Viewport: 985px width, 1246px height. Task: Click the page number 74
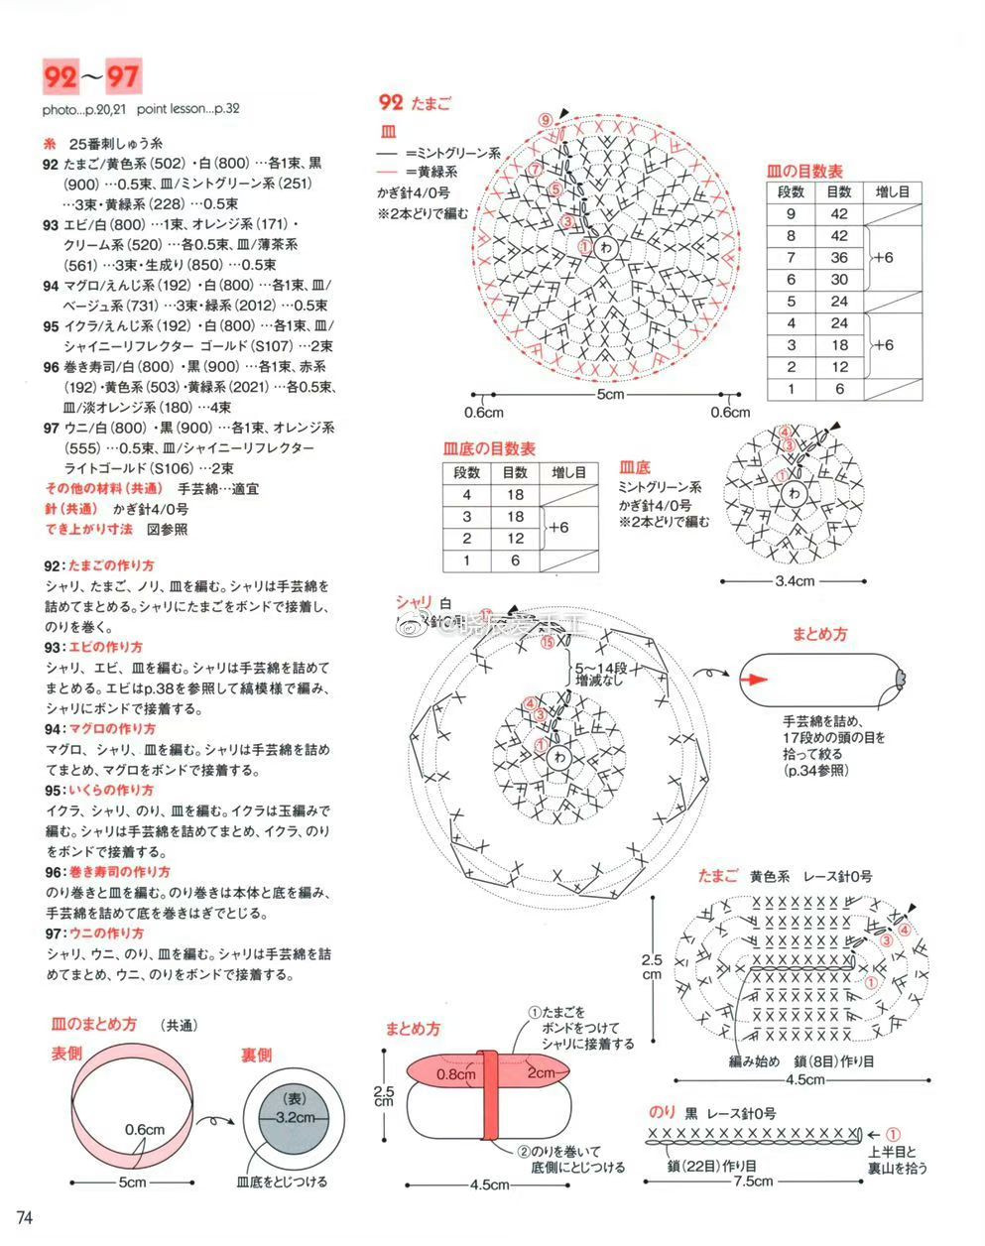[26, 1217]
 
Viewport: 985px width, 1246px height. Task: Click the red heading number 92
[60, 76]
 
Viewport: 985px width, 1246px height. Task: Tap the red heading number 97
[124, 76]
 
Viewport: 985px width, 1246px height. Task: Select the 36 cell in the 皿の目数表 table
[839, 258]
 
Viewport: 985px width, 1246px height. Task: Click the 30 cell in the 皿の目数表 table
[839, 280]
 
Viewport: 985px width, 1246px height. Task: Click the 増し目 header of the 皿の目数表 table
[893, 191]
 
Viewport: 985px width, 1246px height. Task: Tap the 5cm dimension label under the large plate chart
[610, 396]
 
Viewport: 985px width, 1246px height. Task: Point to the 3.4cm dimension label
[794, 581]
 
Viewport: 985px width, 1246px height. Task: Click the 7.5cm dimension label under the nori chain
[753, 1182]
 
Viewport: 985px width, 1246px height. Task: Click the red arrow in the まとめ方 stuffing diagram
[757, 680]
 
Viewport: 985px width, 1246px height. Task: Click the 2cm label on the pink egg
[541, 1073]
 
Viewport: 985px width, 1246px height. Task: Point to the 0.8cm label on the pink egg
[455, 1074]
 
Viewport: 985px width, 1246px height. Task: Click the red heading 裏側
[256, 1055]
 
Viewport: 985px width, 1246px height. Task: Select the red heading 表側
[66, 1054]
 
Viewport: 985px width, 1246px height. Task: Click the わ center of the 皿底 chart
[793, 496]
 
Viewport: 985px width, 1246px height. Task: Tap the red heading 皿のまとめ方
[94, 1024]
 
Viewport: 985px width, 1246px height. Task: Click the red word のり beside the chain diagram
[663, 1111]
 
